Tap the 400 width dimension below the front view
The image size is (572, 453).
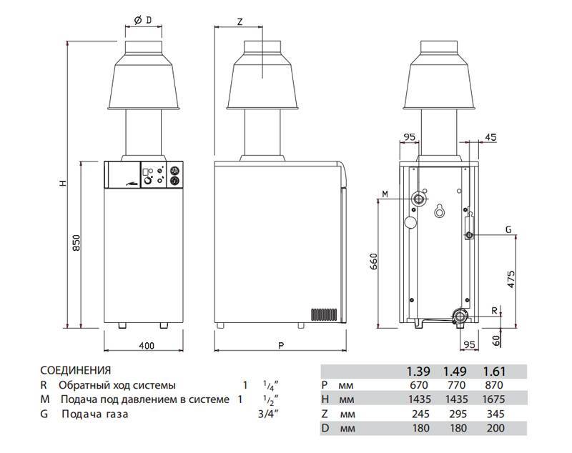tap(146, 347)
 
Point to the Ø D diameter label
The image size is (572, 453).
tap(142, 19)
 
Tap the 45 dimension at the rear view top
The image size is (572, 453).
tap(490, 137)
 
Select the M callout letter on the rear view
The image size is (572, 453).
tap(384, 194)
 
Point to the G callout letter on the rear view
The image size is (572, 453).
tap(508, 229)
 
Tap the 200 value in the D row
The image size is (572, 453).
tap(494, 428)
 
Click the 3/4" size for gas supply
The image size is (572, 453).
tap(267, 414)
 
